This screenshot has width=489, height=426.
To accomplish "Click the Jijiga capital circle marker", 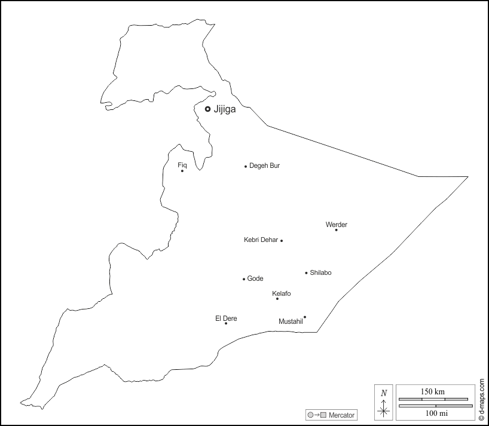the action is click(x=207, y=109).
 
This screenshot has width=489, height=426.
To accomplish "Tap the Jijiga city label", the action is click(x=225, y=109).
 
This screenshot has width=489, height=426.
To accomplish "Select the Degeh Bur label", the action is click(x=264, y=166).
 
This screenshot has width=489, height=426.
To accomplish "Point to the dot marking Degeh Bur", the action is click(x=246, y=166).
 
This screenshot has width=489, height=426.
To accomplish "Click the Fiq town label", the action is click(x=182, y=164).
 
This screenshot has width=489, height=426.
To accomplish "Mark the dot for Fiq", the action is click(x=182, y=171).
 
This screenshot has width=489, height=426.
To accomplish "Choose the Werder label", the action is click(x=336, y=225).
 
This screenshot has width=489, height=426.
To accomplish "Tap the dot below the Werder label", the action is click(x=336, y=230).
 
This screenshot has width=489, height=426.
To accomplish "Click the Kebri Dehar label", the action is click(x=261, y=240).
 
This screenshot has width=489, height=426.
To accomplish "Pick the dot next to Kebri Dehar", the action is click(x=282, y=240).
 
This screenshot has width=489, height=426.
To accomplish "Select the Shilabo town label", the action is click(x=320, y=272).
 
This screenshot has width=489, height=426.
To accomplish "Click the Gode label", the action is click(x=255, y=278).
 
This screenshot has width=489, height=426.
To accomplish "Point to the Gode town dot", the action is click(x=244, y=279).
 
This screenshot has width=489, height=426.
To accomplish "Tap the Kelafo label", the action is click(x=282, y=293).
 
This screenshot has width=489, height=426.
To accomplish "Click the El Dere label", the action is click(x=226, y=318).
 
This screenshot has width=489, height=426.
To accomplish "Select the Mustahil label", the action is click(x=291, y=321).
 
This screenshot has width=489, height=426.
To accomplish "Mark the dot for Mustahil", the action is click(x=305, y=317).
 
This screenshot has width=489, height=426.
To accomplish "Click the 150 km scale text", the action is click(x=433, y=391).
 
